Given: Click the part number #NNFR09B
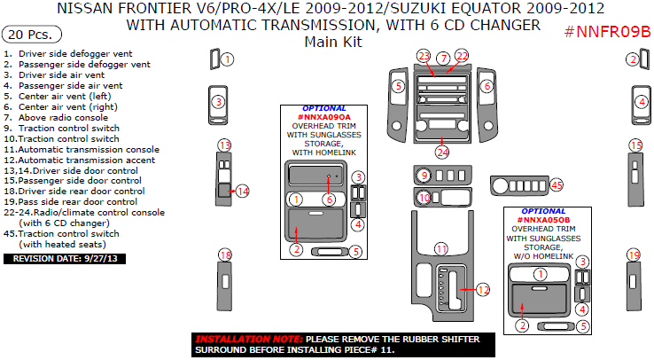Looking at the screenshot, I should [x=607, y=34].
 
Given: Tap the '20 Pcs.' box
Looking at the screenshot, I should [x=32, y=35].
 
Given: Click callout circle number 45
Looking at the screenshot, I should [x=557, y=184].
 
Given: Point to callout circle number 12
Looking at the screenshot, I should [x=482, y=289].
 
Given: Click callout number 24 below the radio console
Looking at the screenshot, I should [x=442, y=152].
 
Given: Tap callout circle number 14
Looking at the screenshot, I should [x=242, y=191].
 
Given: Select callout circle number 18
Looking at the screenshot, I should [x=225, y=255].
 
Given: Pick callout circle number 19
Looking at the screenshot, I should [x=634, y=255].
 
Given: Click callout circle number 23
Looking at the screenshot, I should [x=424, y=57].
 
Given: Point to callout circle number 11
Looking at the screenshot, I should [x=440, y=249].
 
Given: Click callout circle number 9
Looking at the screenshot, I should [x=424, y=175].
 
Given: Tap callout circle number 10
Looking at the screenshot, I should [x=424, y=198].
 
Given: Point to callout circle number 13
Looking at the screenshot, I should [x=225, y=145].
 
